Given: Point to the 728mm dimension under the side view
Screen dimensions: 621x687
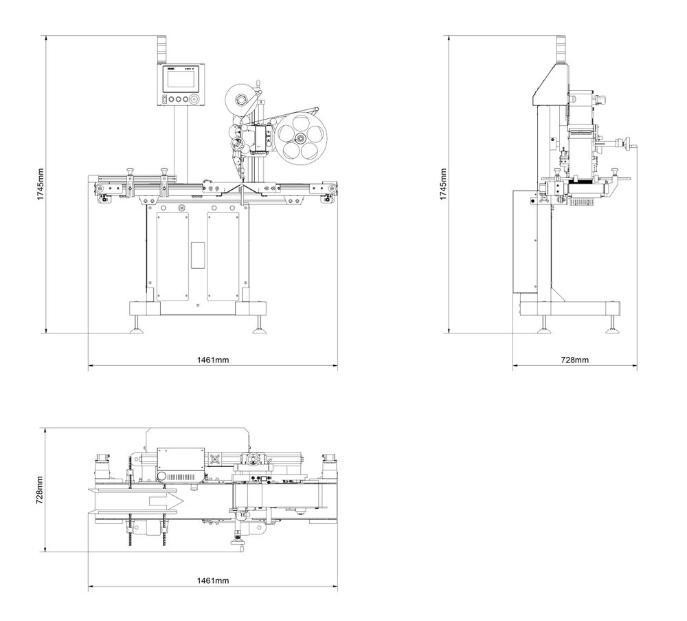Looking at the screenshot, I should coord(574,360).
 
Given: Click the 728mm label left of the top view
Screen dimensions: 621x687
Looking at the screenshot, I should coord(41,489).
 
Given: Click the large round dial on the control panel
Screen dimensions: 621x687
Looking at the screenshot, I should coord(196,100).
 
